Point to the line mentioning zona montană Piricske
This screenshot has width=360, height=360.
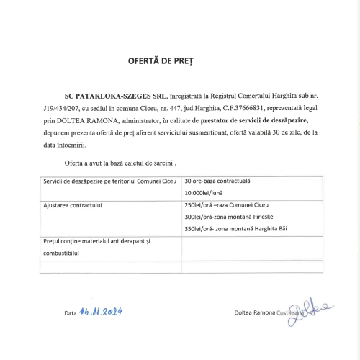pyautogui.click(x=230, y=217)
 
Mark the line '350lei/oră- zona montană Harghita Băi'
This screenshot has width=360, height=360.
pyautogui.click(x=235, y=229)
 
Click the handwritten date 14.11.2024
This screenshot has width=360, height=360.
pyautogui.click(x=103, y=311)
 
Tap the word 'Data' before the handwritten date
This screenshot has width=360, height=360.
pyautogui.click(x=70, y=313)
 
